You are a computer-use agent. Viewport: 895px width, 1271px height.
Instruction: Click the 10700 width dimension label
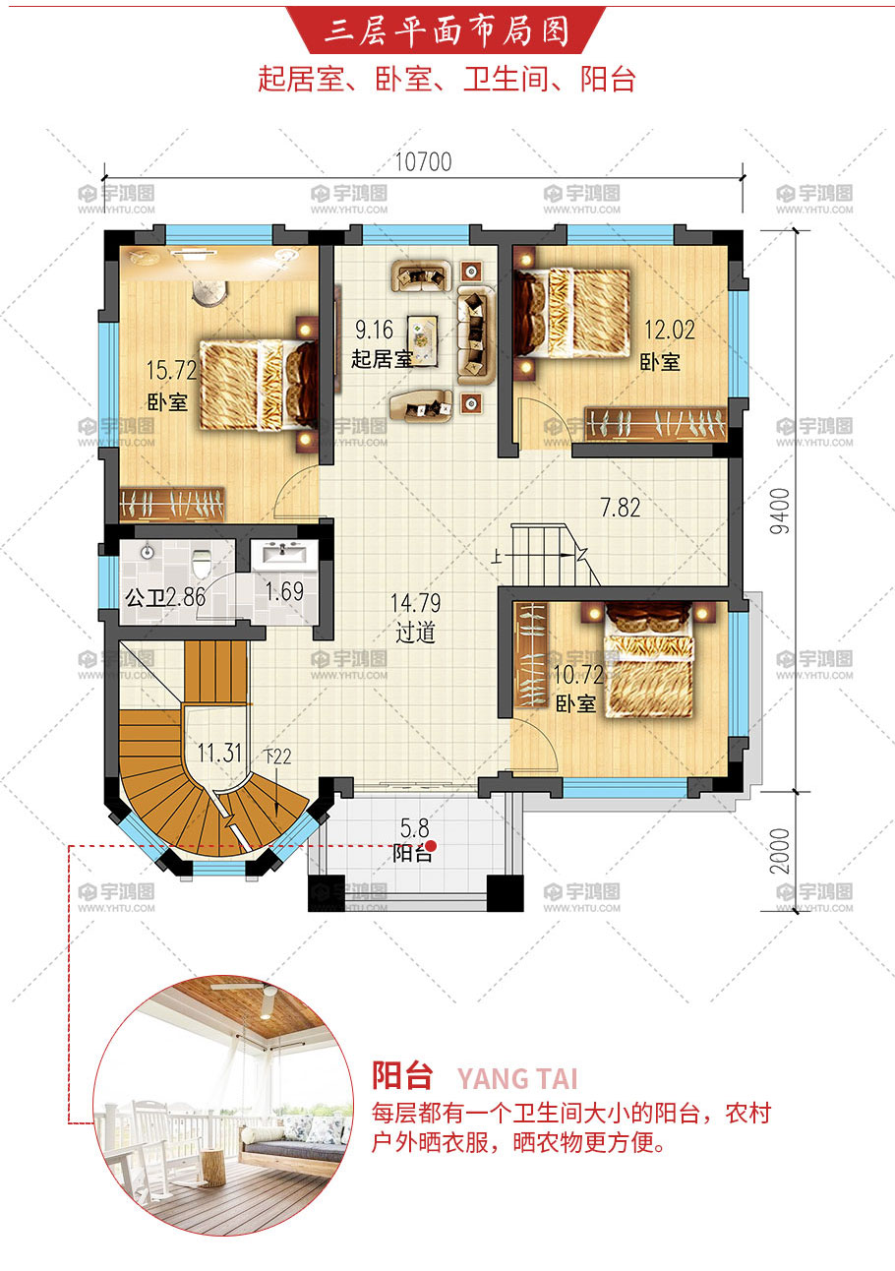423,161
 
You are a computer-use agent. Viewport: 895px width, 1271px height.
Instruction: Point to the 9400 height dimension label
781,511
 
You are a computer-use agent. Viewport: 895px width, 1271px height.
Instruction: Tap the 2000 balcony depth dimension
781,851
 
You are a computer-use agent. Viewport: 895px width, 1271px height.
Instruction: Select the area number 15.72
171,371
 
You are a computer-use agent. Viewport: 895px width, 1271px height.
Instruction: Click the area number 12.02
669,330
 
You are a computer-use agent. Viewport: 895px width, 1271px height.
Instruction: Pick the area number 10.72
578,675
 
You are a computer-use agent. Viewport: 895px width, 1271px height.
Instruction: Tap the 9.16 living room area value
375,330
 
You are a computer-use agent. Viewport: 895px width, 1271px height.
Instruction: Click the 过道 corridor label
415,633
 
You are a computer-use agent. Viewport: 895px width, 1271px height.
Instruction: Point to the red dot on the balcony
431,846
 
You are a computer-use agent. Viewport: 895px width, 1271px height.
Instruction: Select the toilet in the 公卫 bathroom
202,562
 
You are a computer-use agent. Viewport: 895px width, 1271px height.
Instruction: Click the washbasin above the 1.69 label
283,553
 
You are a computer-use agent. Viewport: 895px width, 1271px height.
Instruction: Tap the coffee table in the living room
423,339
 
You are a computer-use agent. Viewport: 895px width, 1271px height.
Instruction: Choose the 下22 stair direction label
277,757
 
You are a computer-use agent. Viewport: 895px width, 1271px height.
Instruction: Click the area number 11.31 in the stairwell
220,753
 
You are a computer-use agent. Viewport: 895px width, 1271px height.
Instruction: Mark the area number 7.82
621,507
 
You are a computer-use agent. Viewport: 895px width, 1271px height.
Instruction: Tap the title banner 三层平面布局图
447,31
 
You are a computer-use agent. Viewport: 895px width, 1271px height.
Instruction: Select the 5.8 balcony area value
415,829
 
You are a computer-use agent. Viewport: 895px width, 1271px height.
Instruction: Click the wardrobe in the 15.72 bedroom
171,503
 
